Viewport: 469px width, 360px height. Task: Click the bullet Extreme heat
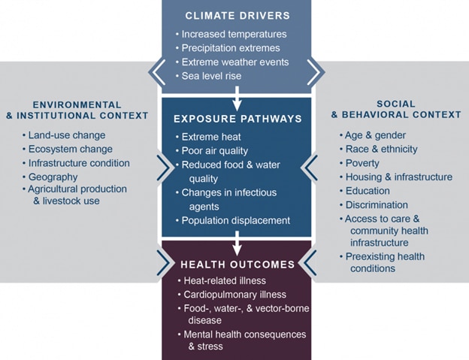pos(211,137)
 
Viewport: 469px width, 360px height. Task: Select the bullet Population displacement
pos(235,220)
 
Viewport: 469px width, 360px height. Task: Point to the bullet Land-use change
pos(66,135)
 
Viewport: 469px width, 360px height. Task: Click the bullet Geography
pos(53,176)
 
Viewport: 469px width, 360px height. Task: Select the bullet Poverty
pos(362,163)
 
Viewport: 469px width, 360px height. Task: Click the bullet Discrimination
pos(377,204)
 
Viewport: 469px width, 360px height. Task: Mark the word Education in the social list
pos(368,191)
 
